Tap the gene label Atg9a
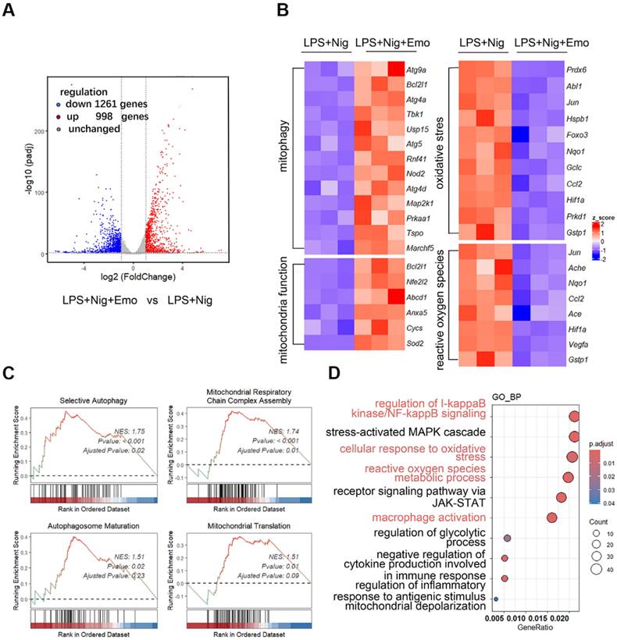pos(417,69)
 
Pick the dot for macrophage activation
pos(552,517)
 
